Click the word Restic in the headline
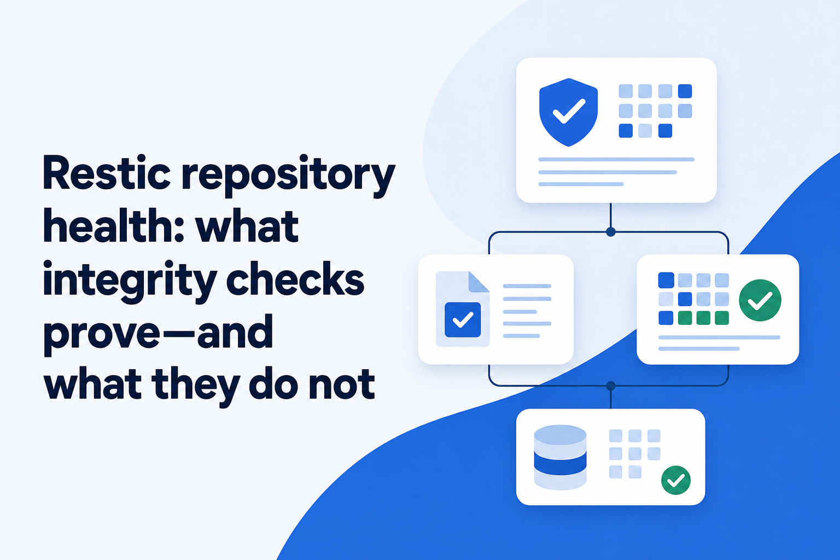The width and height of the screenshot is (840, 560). coord(107,174)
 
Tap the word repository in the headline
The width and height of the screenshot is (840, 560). coord(288,176)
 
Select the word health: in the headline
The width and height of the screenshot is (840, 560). coord(114,226)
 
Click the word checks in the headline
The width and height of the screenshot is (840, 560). coord(295,279)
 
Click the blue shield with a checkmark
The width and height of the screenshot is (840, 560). coord(568,112)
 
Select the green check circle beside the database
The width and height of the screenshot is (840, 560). coord(676,480)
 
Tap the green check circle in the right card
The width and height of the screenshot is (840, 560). coord(760,300)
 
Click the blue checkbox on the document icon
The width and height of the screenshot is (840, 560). coord(463,320)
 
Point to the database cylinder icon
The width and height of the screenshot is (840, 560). coord(560,457)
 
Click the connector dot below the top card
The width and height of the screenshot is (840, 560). coord(611,232)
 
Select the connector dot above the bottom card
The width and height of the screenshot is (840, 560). coord(611,386)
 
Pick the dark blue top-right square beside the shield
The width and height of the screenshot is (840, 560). coord(685,91)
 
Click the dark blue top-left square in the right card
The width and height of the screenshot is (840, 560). coord(666,280)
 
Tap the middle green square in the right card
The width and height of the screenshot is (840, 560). coord(703,318)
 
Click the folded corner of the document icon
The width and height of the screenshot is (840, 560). coord(479,282)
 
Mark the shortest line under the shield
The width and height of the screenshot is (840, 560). coord(581,184)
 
